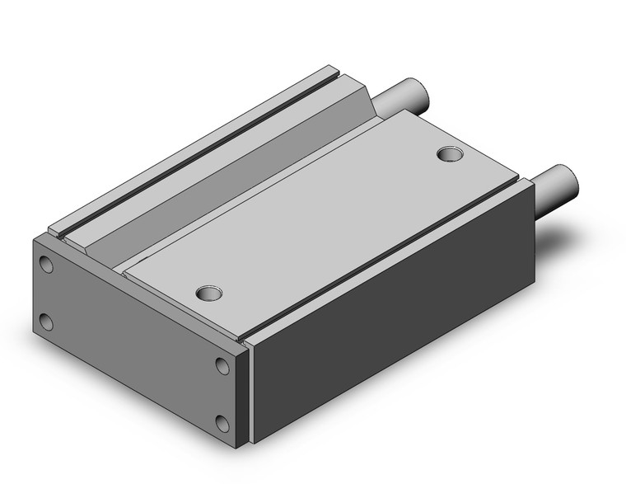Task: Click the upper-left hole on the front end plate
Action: [47, 265]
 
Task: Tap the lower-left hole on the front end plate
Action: [47, 322]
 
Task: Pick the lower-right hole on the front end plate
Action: [223, 424]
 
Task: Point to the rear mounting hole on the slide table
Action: [449, 153]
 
